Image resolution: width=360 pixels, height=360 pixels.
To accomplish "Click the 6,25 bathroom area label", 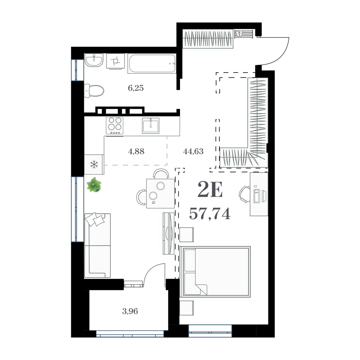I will (x=136, y=88).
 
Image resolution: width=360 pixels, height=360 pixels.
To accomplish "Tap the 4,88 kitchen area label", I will (x=136, y=151).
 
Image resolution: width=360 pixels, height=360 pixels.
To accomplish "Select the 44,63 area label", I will (x=193, y=151).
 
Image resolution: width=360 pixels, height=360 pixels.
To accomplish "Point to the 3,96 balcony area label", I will (x=130, y=311).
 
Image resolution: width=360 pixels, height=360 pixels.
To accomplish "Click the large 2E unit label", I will (x=210, y=190).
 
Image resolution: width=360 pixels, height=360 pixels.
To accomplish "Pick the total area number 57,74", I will (x=210, y=214).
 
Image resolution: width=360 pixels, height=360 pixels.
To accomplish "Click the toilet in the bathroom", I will (x=94, y=90).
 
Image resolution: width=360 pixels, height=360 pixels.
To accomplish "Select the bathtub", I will (x=151, y=63).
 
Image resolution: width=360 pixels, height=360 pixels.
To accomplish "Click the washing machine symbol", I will (x=115, y=61).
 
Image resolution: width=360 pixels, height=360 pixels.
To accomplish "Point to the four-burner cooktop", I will (x=115, y=125).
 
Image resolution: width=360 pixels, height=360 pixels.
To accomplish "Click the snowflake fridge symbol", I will (x=94, y=164).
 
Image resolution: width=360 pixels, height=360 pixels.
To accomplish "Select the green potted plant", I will (x=94, y=184).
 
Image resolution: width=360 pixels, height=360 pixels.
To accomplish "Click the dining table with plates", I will (x=160, y=193).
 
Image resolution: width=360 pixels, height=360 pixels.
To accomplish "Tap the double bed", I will (x=215, y=272).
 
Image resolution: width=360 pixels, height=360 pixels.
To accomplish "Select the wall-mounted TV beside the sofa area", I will (x=169, y=233).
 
